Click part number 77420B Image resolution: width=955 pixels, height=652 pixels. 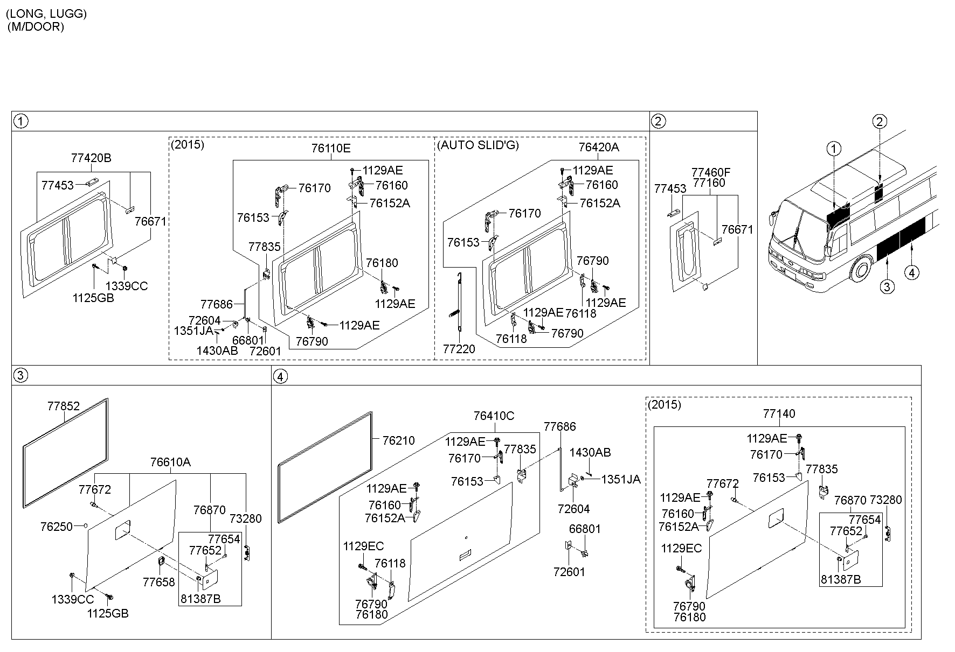(x=91, y=158)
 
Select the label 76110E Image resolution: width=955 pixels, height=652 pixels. (x=330, y=148)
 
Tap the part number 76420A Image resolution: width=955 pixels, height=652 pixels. (x=598, y=148)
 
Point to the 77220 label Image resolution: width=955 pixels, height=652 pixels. (x=459, y=349)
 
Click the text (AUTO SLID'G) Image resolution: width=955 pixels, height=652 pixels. (x=477, y=145)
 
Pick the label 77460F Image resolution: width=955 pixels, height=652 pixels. (x=711, y=172)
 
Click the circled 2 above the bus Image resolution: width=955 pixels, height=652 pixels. (x=879, y=122)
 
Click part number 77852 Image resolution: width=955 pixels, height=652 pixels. (x=63, y=406)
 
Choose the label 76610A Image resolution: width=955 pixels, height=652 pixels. (x=170, y=462)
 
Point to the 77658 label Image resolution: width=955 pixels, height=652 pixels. (x=159, y=582)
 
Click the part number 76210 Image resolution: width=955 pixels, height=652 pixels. (x=398, y=440)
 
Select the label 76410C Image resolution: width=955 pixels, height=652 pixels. (x=494, y=416)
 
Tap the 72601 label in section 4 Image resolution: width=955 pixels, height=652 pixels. (x=569, y=571)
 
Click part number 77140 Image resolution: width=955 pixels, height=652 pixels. (x=779, y=413)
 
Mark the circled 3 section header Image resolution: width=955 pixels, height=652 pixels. (x=20, y=375)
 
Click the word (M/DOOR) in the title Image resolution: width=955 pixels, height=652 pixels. (x=36, y=27)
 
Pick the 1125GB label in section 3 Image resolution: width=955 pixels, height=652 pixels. (x=108, y=613)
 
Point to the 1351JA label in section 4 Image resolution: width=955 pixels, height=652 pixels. (x=620, y=479)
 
